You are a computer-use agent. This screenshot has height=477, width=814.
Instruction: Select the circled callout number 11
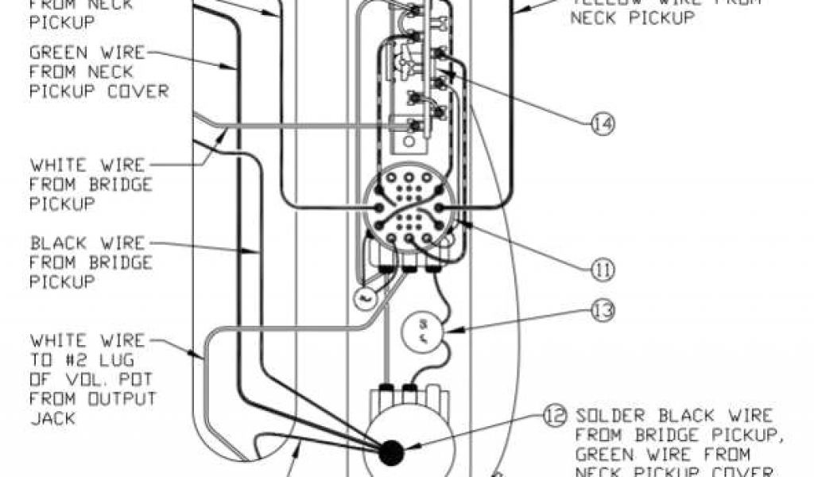[602, 270]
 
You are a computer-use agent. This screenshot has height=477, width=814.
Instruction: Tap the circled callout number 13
[604, 309]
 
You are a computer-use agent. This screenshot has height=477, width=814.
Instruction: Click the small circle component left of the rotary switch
[362, 297]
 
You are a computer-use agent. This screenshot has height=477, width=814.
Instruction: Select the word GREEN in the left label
[54, 54]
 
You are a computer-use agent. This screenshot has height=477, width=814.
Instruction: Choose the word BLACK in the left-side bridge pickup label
[54, 243]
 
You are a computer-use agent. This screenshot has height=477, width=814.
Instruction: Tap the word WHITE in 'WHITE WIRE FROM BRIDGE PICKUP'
[54, 165]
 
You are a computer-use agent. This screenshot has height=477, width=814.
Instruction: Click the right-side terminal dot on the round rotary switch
[442, 209]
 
